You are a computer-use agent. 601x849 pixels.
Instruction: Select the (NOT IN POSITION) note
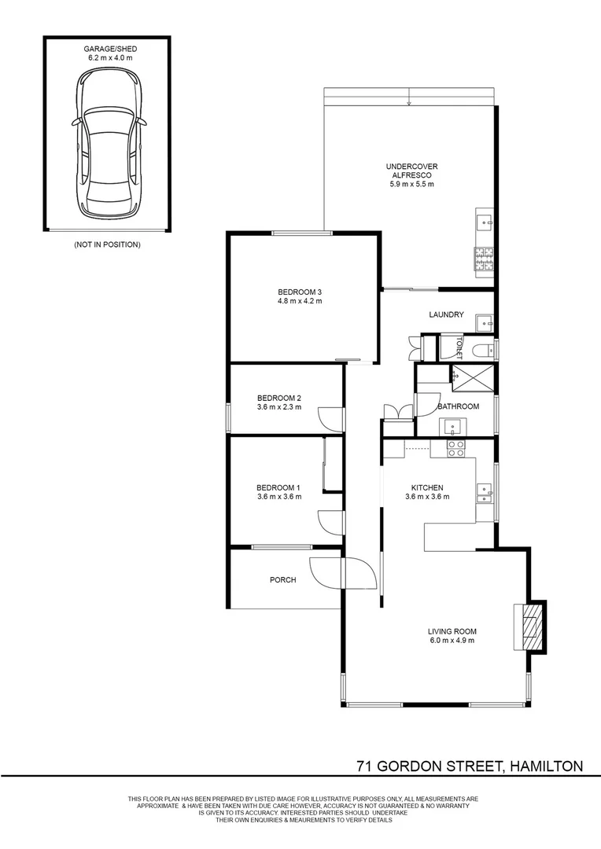[x=107, y=245]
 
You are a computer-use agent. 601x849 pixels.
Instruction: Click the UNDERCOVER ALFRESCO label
[x=411, y=171]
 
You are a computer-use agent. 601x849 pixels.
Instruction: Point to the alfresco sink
[x=484, y=221]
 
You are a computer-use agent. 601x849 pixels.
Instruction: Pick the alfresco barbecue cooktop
[x=483, y=257]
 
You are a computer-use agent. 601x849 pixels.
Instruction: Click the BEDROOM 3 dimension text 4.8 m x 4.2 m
[x=300, y=301]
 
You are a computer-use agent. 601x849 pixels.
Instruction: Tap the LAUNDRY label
[x=446, y=314]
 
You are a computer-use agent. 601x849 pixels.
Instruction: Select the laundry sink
[x=485, y=322]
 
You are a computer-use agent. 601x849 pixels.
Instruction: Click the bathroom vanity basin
[x=453, y=427]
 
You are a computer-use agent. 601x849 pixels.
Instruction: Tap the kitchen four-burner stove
[x=455, y=448]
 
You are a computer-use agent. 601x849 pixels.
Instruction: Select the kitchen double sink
[x=485, y=493]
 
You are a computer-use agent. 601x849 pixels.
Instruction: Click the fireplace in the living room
[x=530, y=626]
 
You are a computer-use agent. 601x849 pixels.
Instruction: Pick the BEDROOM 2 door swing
[x=332, y=418]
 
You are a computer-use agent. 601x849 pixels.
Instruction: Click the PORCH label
[x=282, y=580]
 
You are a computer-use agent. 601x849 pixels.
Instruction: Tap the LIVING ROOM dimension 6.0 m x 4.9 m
[x=452, y=641]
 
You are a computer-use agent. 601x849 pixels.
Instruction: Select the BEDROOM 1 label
[x=278, y=487]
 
